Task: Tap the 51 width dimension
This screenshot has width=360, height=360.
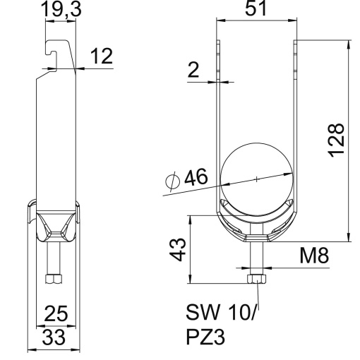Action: coord(256,9)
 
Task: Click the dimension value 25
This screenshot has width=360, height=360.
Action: coord(54,312)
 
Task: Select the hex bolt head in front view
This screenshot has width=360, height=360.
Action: coord(256,280)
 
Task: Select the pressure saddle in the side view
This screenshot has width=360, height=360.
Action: coord(54,224)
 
